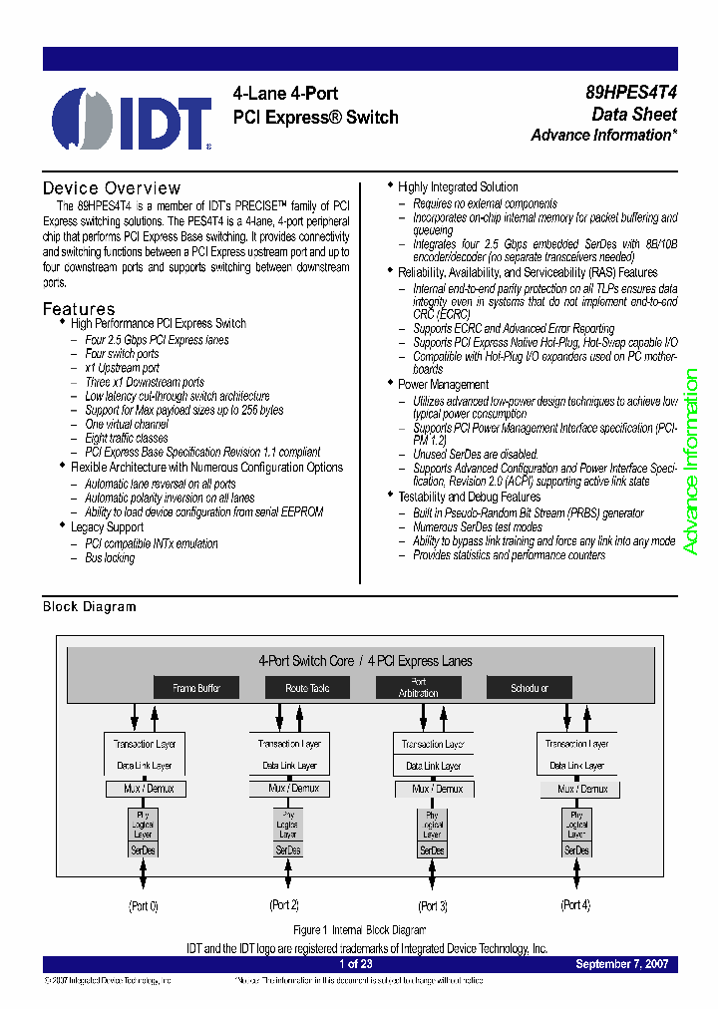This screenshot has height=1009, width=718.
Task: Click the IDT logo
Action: coord(132,119)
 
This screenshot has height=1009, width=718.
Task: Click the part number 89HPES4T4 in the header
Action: coord(631,93)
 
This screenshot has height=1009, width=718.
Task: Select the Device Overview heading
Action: coord(112,188)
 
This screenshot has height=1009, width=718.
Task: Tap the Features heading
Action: coord(79,309)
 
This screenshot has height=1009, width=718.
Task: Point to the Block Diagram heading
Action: coord(89,606)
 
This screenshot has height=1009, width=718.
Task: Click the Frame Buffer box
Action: coord(196,688)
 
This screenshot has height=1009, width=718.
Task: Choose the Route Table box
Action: coord(307,688)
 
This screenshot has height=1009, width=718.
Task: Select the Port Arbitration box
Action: coord(418,688)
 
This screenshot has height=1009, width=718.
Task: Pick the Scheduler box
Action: coord(530,688)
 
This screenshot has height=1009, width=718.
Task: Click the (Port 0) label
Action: coord(144,906)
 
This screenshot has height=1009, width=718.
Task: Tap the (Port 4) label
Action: coord(576,905)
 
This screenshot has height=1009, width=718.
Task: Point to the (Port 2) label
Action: coord(284,905)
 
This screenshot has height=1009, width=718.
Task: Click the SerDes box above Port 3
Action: coord(433,850)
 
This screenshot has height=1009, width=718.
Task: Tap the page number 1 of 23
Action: coord(356,965)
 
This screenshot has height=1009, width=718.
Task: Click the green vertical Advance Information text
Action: coord(690,462)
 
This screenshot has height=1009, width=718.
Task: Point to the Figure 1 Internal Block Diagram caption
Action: coord(360,930)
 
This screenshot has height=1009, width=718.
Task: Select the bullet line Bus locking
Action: coord(110,558)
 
